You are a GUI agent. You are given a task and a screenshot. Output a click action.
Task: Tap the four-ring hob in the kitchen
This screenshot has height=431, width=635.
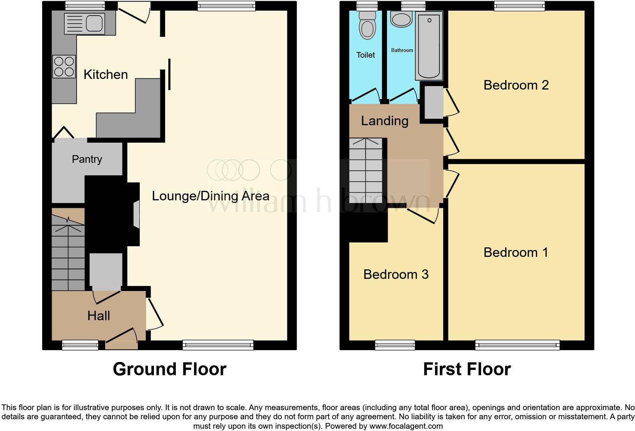click(x=64, y=66)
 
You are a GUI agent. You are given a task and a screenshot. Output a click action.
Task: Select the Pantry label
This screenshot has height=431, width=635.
click(x=87, y=159)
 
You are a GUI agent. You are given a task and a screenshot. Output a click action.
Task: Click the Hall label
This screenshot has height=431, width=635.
click(x=98, y=316)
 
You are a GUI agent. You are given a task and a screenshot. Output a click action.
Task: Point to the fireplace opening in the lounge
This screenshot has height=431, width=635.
click(x=136, y=215)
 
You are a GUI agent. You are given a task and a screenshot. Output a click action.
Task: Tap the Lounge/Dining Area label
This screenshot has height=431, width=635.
click(x=210, y=196)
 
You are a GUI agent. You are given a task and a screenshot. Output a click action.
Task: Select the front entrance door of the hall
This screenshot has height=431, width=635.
click(x=122, y=340)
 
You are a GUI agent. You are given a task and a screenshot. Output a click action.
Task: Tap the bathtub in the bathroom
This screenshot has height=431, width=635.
click(x=429, y=46)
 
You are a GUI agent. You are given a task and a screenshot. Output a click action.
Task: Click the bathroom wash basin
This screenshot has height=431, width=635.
click(x=401, y=19)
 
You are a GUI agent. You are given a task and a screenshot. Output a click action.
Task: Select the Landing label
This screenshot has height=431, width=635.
click(x=384, y=121)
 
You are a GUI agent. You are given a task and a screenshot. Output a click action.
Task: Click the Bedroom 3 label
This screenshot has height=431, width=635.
click(x=396, y=274)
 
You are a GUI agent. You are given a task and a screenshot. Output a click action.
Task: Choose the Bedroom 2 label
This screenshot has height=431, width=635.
click(x=516, y=85)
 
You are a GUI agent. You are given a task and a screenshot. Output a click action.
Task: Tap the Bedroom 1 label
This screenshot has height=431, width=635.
click(x=516, y=252)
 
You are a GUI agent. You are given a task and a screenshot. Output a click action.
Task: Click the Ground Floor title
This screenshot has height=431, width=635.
click(x=169, y=369)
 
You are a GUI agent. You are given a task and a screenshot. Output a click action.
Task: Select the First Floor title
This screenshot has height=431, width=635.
click(x=466, y=369)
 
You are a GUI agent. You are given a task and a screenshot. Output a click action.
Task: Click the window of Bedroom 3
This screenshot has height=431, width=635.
click(x=395, y=344)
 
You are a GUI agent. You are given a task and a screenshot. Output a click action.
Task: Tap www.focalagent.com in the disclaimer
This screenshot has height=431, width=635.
click(x=406, y=426)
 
